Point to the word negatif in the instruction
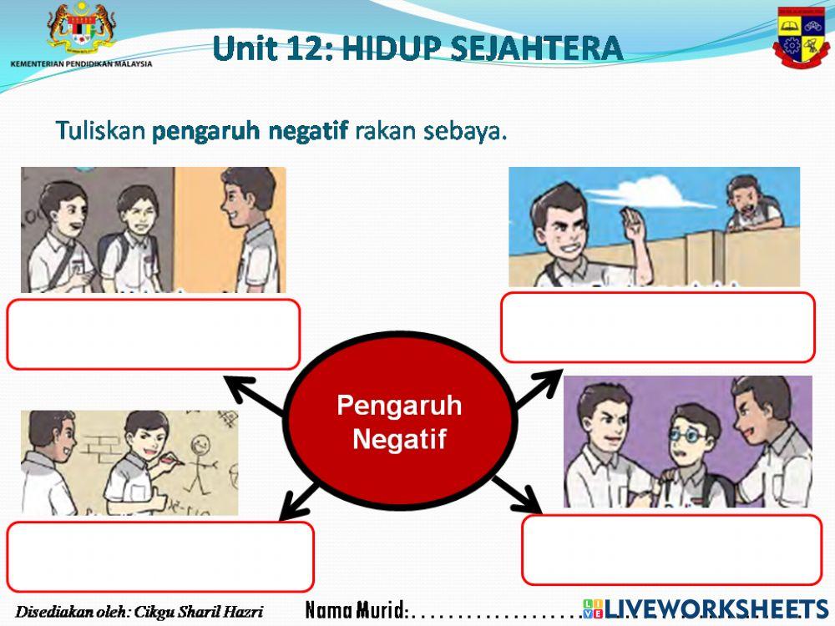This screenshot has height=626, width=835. pos(308,132)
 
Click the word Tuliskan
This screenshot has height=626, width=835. pos(101,132)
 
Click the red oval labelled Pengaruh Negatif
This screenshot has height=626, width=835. pos(400,422)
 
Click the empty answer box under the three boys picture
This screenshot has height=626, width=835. pos(153,334)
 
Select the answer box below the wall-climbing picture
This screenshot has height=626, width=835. pos(657,327)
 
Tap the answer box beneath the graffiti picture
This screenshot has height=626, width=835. pos(159,557)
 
